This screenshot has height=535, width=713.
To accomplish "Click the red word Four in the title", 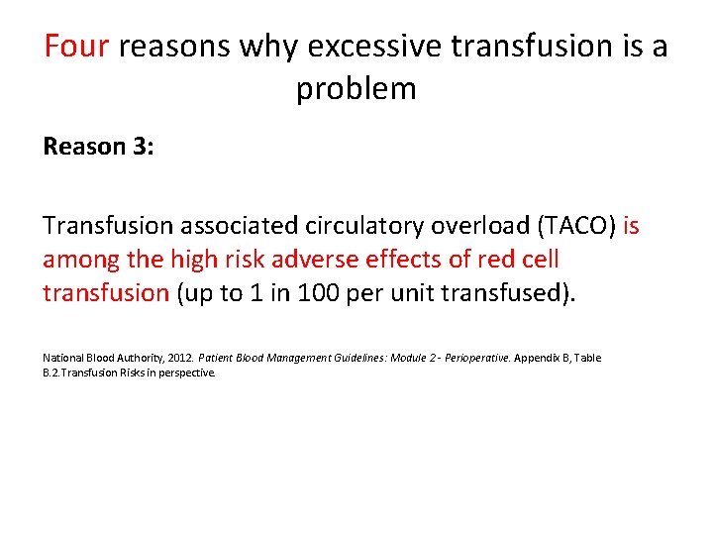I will (x=76, y=47).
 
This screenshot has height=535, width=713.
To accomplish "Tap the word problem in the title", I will (x=356, y=89).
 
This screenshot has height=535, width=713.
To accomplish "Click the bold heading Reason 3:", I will (x=98, y=148).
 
